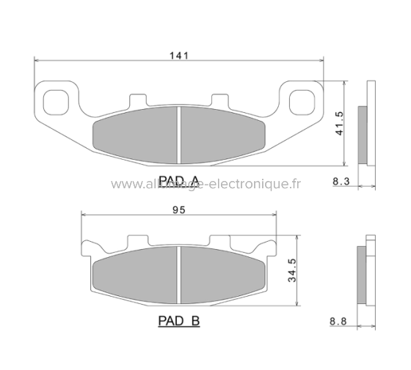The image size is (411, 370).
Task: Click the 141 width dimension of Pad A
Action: tap(179, 54)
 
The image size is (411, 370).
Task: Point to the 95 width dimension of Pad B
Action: tap(178, 209)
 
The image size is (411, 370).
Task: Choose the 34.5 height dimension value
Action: tap(291, 271)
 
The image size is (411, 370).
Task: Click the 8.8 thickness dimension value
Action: tap(338, 320)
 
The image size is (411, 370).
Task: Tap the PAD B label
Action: tap(179, 321)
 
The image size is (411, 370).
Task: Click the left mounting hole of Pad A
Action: tap(56, 100)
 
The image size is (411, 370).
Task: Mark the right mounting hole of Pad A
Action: tap(302, 100)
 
